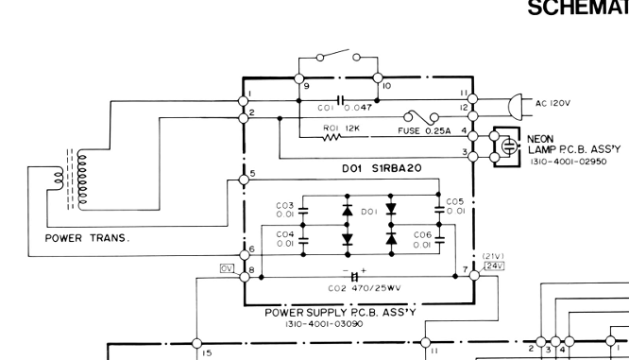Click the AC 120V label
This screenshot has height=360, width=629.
552,103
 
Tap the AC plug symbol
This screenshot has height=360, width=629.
515,107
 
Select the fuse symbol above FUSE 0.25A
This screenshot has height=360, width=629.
421,117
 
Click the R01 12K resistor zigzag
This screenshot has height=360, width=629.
331,137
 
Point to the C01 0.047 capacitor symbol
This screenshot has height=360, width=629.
341,100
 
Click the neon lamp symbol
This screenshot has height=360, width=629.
509,146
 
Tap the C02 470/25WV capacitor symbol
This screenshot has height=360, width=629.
354,277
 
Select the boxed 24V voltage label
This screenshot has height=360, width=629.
494,266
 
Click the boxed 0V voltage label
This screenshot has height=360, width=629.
227,268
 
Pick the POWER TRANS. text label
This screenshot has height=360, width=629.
88,238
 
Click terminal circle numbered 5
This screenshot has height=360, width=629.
244,180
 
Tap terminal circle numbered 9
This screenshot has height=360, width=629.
298,78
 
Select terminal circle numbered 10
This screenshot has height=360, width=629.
378,77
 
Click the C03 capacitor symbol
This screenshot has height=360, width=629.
303,211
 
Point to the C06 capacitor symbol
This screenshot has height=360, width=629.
440,240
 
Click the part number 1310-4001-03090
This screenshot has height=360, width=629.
324,324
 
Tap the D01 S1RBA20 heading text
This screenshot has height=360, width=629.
382,168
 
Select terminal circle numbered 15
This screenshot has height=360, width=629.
196,344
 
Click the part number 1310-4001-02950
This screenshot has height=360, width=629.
569,162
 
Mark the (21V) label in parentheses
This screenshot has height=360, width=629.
493,256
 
